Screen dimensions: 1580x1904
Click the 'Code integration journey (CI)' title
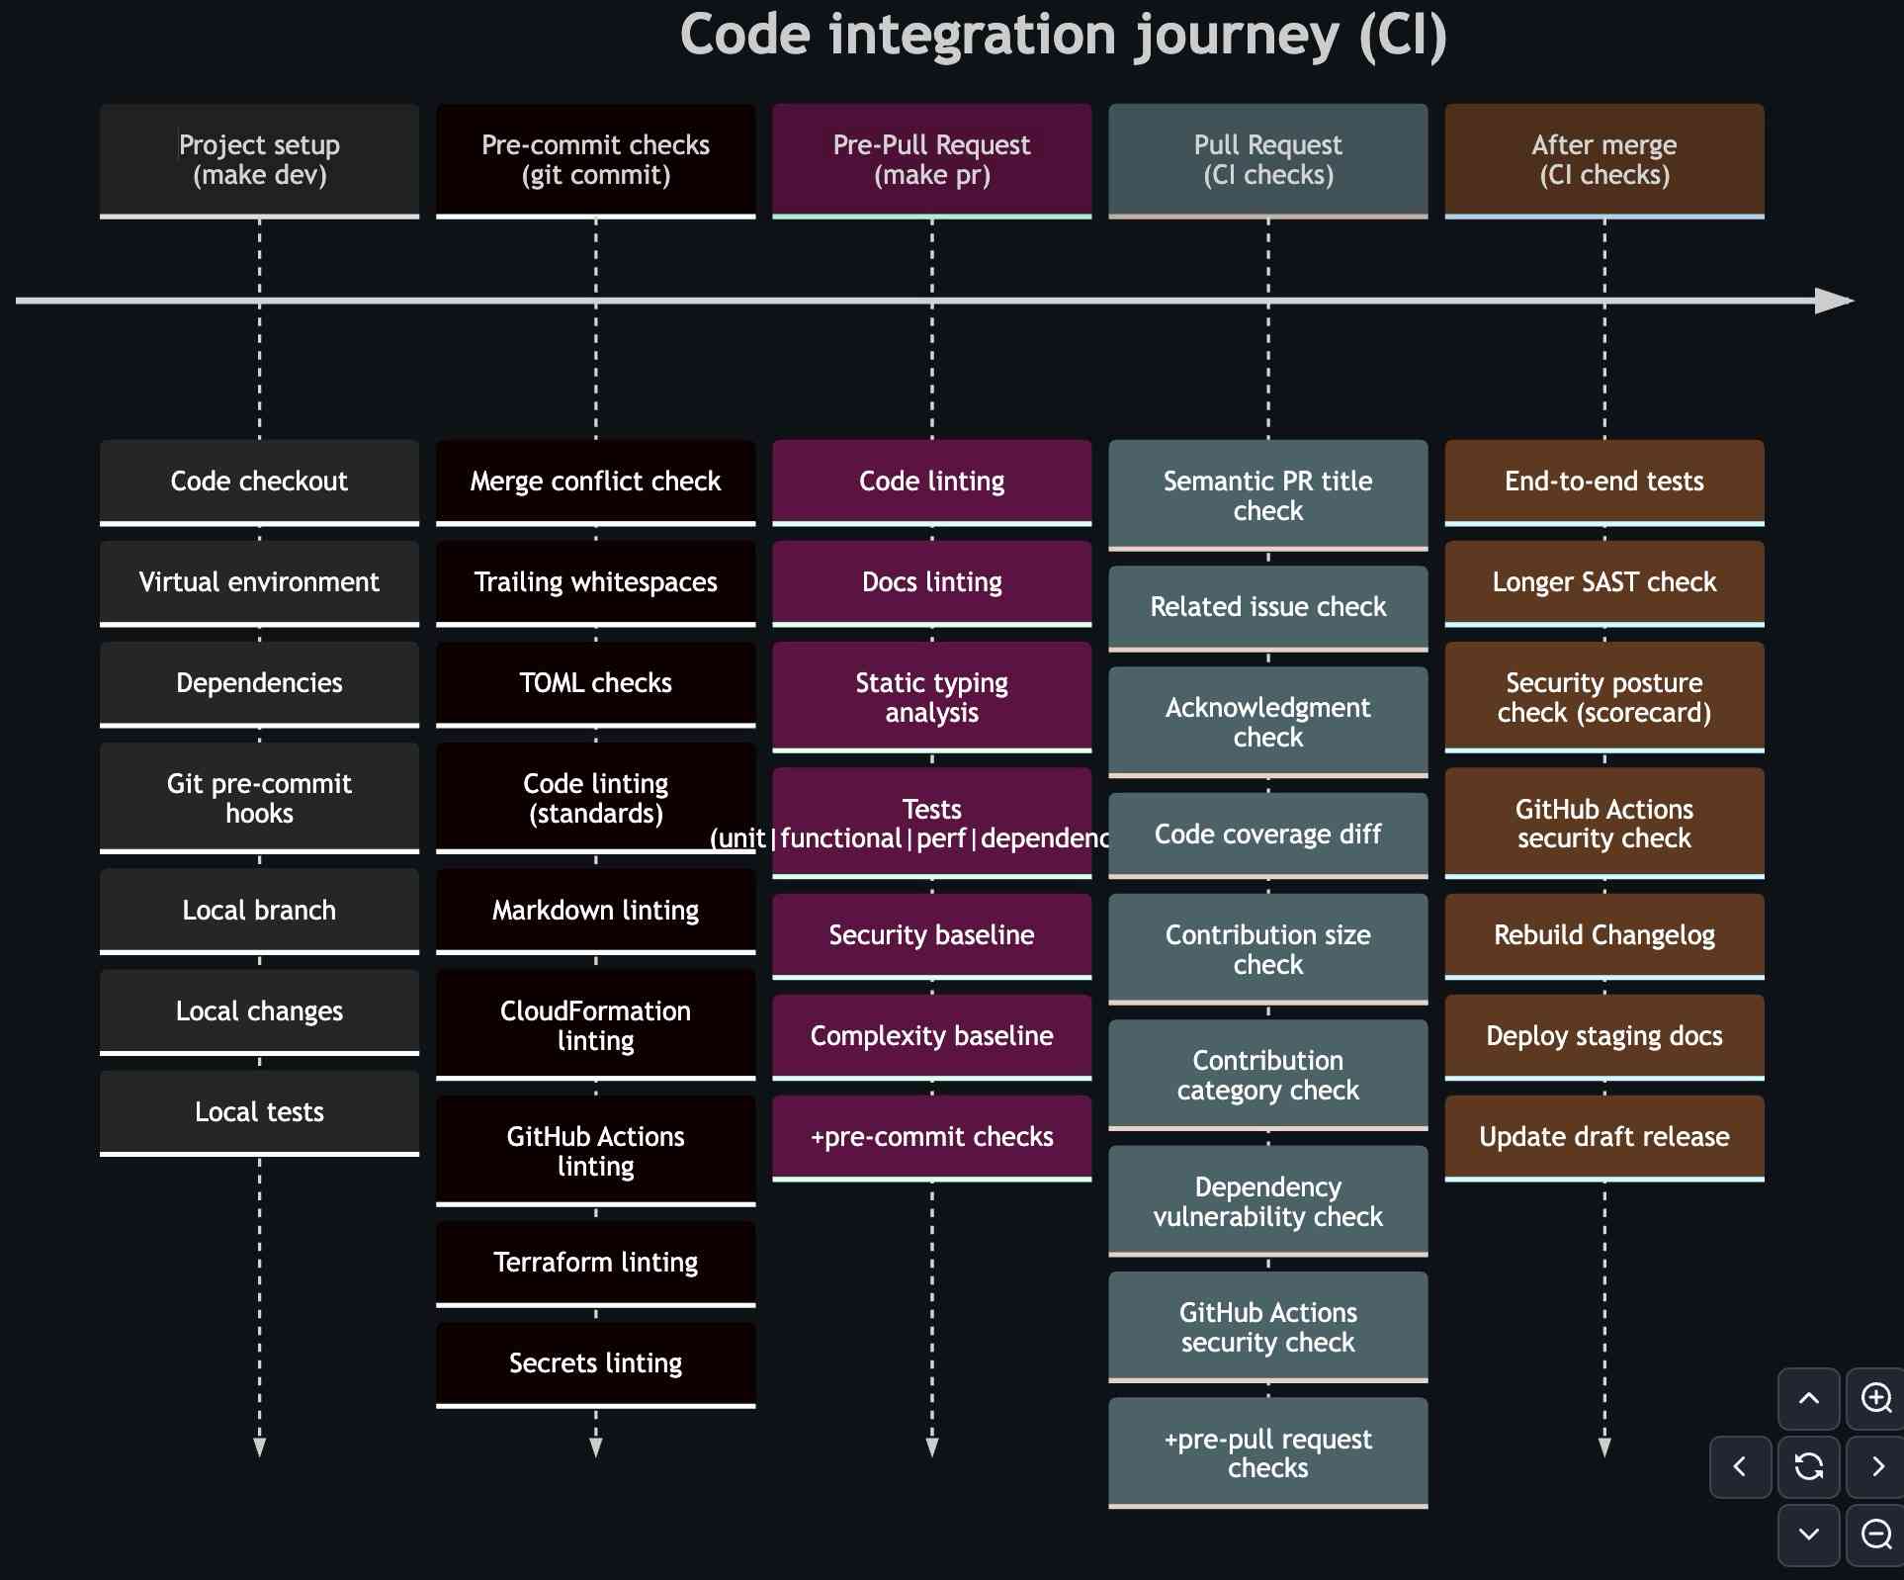point(1063,36)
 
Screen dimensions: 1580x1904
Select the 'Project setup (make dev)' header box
point(259,160)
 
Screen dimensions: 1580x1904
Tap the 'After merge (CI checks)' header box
point(1603,160)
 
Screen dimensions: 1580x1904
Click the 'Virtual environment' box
point(259,582)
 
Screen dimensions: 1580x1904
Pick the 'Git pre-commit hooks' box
point(259,798)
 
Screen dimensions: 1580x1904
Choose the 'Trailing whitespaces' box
point(595,582)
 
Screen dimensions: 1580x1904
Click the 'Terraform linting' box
point(595,1263)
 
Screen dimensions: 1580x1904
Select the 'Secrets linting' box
point(595,1363)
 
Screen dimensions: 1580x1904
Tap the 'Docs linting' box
point(931,582)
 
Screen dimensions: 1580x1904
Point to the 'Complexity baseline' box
point(931,1036)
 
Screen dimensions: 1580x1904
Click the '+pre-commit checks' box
point(931,1137)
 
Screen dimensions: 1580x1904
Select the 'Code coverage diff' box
point(1267,834)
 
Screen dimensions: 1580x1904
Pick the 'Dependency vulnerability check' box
point(1267,1201)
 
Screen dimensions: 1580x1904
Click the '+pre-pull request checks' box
point(1267,1452)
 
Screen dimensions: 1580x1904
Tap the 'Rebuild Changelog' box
point(1603,935)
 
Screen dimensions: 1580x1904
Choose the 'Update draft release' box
point(1603,1137)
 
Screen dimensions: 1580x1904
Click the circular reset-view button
point(1808,1466)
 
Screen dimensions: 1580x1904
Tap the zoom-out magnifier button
point(1875,1535)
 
